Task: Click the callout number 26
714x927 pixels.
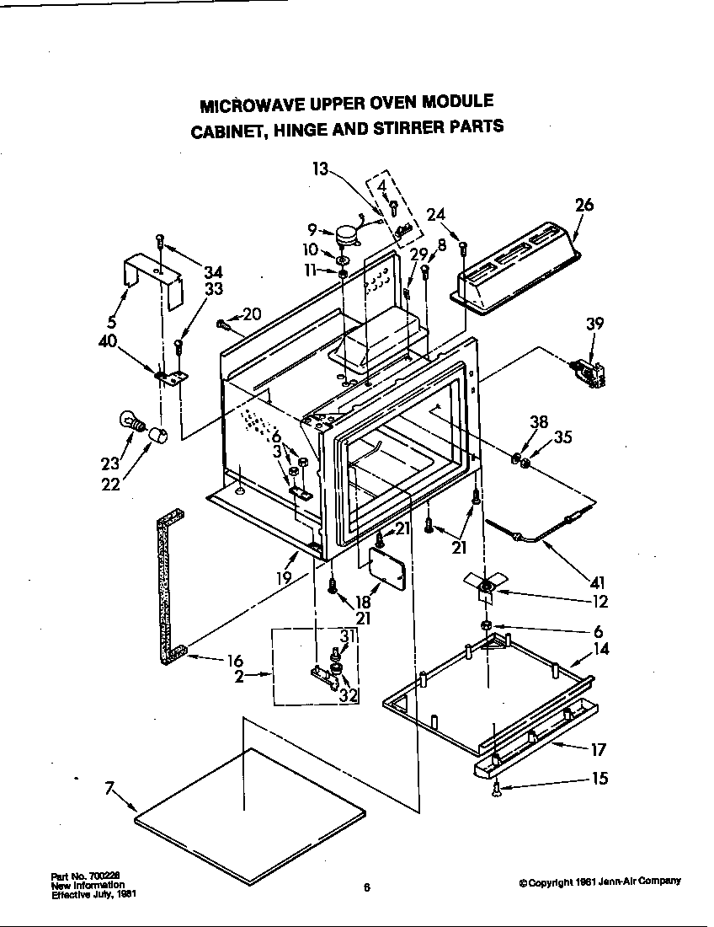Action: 584,204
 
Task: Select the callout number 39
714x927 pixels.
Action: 594,324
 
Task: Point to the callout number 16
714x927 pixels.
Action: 235,662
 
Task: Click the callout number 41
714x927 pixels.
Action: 599,581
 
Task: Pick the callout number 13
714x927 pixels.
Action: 319,169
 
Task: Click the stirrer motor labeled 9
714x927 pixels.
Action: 344,233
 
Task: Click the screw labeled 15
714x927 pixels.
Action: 497,789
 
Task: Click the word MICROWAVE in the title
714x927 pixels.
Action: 237,106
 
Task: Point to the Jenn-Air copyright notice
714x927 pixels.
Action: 599,881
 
